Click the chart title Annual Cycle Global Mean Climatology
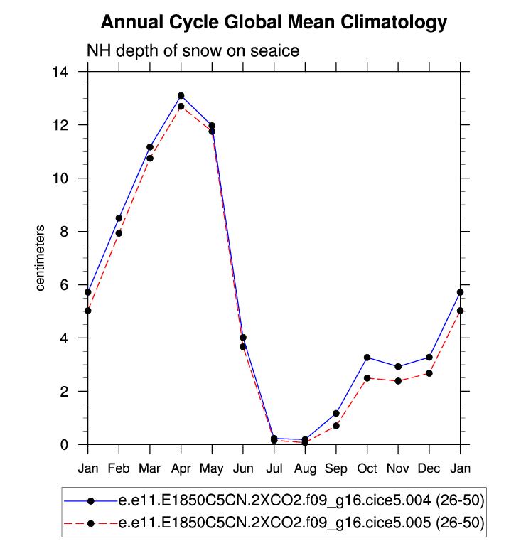click(274, 22)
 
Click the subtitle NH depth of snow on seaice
click(193, 51)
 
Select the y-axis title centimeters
click(41, 258)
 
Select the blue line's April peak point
click(181, 95)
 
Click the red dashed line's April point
click(181, 107)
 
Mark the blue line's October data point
click(367, 358)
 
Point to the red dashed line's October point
click(367, 378)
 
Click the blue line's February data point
click(119, 218)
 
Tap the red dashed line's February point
click(119, 233)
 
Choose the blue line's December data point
click(429, 357)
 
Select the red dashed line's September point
click(336, 426)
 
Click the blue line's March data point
click(150, 147)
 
